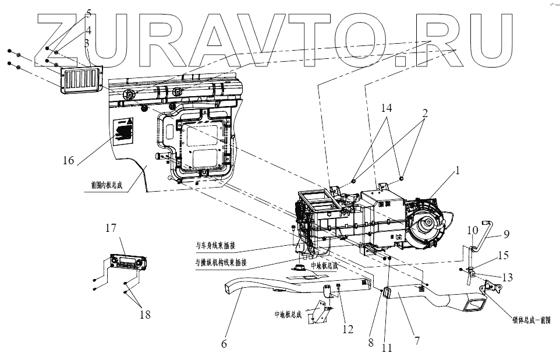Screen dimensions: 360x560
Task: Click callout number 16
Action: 68,160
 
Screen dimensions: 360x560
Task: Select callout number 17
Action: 111,228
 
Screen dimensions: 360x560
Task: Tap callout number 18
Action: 145,314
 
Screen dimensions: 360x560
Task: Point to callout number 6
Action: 224,344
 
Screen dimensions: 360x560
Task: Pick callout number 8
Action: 370,343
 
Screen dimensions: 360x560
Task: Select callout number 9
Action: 506,235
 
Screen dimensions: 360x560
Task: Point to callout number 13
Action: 508,277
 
